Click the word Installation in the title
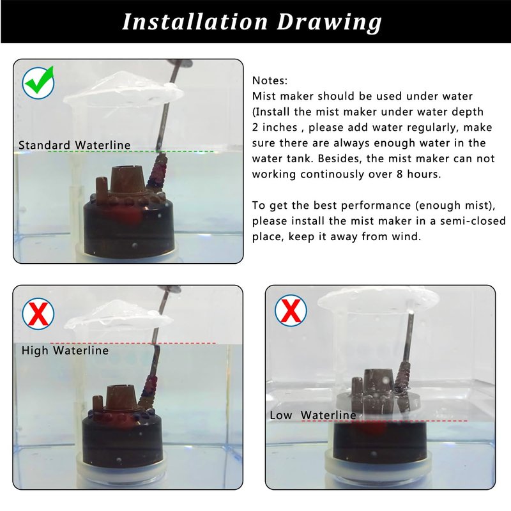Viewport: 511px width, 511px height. (195, 22)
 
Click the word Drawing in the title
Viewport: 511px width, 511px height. (329, 23)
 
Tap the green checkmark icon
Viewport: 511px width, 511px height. (38, 82)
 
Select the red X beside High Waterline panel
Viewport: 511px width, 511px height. (38, 314)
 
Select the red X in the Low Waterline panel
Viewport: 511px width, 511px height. (291, 310)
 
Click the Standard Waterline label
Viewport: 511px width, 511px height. (74, 145)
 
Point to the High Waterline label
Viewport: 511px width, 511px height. (65, 350)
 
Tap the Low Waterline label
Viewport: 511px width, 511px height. (313, 415)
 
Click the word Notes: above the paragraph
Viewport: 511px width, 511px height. (270, 80)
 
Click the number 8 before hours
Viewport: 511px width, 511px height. (400, 174)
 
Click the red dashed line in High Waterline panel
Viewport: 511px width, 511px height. (133, 343)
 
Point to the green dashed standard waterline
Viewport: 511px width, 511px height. (130, 151)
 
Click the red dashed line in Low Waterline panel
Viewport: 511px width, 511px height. (385, 421)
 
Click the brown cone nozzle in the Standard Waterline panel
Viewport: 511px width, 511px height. (126, 181)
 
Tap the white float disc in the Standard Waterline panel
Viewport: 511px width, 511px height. (123, 88)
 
